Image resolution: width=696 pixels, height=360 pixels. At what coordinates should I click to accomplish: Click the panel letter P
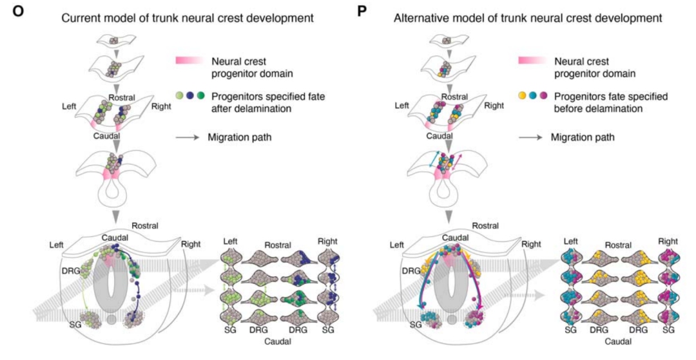pos(362,11)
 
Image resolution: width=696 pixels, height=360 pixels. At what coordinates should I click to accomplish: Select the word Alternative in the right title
pos(421,18)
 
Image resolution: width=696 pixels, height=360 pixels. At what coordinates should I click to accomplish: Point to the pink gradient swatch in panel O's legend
pos(188,61)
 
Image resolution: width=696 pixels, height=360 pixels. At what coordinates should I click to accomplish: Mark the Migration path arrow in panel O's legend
pos(188,138)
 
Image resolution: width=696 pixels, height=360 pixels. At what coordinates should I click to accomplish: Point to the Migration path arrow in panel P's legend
pos(530,138)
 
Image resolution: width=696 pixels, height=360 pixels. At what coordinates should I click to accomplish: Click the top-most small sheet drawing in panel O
pos(113,41)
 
